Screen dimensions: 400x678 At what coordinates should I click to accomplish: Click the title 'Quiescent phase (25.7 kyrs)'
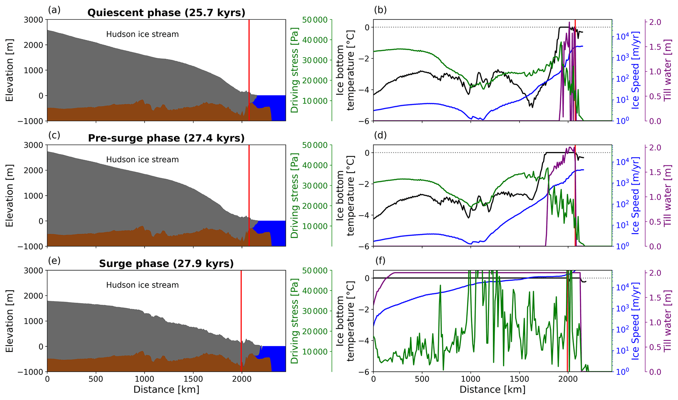pos(166,13)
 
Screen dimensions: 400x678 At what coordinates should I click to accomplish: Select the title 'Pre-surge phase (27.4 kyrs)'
pos(166,138)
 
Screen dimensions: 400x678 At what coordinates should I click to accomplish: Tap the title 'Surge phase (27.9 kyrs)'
pos(166,264)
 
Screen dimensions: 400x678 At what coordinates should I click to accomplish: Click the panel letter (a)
pos(54,10)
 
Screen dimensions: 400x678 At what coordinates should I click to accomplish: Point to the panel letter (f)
pos(380,261)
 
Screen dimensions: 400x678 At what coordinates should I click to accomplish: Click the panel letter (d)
pos(380,135)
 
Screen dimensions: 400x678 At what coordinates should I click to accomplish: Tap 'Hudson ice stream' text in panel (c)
pos(142,160)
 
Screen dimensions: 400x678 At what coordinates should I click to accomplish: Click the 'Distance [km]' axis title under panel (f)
pos(492,390)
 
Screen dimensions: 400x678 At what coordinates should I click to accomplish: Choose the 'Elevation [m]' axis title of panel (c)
pos(10,195)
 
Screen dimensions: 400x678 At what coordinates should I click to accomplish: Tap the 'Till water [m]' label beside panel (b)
pos(667,70)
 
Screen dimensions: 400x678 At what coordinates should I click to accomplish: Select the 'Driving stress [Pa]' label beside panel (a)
pos(295,70)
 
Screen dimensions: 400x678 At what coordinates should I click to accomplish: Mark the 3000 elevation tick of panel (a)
pos(33,20)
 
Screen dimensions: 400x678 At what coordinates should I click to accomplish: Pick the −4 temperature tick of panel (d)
pos(365,215)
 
